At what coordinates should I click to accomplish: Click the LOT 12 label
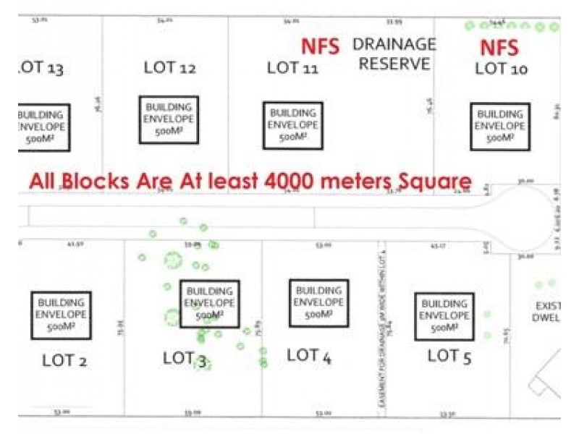tap(170, 68)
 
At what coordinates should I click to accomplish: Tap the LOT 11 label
tap(293, 68)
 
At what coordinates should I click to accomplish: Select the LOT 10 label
tap(502, 69)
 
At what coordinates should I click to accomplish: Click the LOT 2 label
tap(64, 359)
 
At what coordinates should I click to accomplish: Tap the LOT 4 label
tap(309, 355)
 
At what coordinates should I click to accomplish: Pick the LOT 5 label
tap(450, 356)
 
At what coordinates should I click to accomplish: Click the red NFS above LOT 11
tap(320, 47)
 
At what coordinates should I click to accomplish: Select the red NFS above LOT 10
tap(500, 48)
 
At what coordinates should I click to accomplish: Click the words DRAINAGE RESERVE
tap(394, 54)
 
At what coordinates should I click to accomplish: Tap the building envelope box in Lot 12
tap(169, 120)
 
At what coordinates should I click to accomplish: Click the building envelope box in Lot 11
tap(292, 125)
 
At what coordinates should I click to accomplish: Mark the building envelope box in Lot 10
tap(500, 127)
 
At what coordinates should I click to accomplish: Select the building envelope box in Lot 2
tap(62, 315)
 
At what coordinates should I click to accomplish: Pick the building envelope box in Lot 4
tap(318, 303)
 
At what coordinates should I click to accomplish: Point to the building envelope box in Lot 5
tap(444, 316)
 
